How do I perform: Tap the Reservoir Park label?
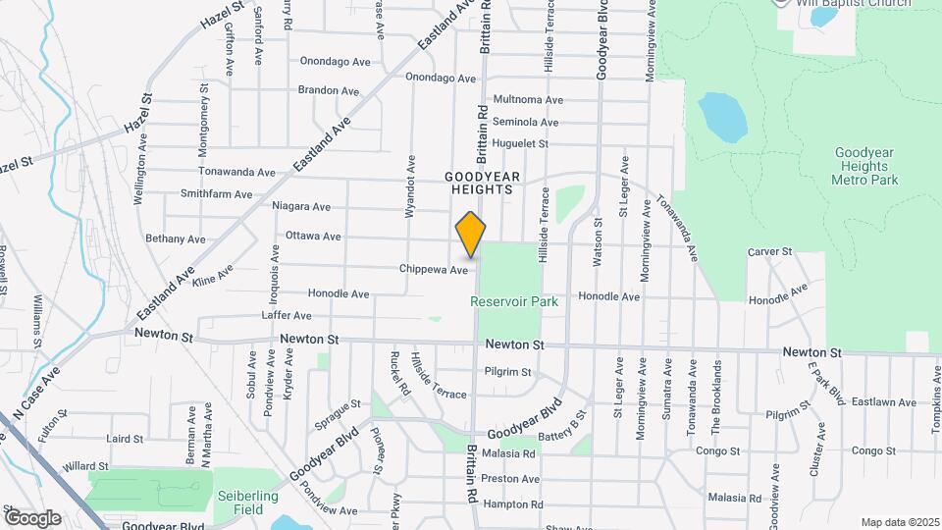pyautogui.click(x=514, y=301)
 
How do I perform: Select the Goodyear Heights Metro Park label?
pyautogui.click(x=864, y=166)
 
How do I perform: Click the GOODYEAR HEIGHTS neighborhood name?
pyautogui.click(x=479, y=183)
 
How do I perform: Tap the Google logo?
pyautogui.click(x=32, y=517)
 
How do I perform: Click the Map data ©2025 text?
pyautogui.click(x=899, y=522)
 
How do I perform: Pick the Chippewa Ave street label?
pyautogui.click(x=434, y=269)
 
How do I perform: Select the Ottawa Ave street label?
pyautogui.click(x=313, y=237)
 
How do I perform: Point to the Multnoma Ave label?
pyautogui.click(x=528, y=100)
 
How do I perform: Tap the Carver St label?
pyautogui.click(x=769, y=252)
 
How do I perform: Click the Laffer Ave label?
pyautogui.click(x=287, y=316)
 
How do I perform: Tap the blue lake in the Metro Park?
pyautogui.click(x=722, y=118)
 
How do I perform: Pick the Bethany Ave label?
pyautogui.click(x=176, y=238)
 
